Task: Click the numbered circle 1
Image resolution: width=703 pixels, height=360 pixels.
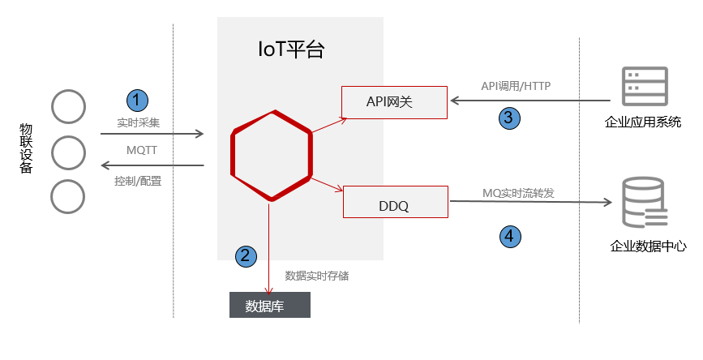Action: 138,100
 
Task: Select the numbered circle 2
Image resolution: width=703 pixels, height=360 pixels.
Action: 246,255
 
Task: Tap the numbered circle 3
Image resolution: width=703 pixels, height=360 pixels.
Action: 508,118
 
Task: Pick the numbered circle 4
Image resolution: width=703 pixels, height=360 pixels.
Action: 508,236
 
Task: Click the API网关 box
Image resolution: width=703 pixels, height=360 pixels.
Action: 394,101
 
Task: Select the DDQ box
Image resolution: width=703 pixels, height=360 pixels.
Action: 395,202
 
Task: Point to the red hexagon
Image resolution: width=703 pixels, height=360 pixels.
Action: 271,154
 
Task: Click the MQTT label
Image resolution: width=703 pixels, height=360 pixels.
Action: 141,151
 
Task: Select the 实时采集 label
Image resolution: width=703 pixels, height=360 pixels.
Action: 139,122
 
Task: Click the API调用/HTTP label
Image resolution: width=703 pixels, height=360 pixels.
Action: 517,85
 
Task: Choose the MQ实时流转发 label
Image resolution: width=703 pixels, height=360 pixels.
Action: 518,193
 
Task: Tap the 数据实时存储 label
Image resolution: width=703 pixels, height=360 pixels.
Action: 317,276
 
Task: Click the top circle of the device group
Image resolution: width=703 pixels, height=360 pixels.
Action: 68,106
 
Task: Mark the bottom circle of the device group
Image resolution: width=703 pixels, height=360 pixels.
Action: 68,196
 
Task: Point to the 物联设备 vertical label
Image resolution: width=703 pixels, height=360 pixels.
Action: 27,149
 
